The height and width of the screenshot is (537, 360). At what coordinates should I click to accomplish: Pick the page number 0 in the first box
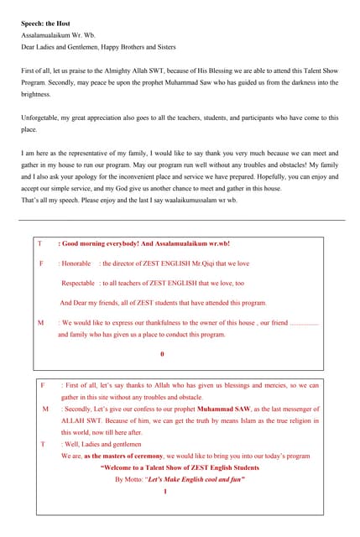pyautogui.click(x=162, y=353)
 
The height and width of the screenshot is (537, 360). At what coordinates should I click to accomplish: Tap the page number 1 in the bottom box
pyautogui.click(x=165, y=491)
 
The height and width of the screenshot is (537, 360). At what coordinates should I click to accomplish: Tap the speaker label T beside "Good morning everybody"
pyautogui.click(x=39, y=243)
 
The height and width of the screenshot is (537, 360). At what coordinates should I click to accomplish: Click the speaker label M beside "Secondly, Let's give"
pyautogui.click(x=45, y=409)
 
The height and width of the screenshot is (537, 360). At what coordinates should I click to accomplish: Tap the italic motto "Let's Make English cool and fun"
pyautogui.click(x=196, y=479)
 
